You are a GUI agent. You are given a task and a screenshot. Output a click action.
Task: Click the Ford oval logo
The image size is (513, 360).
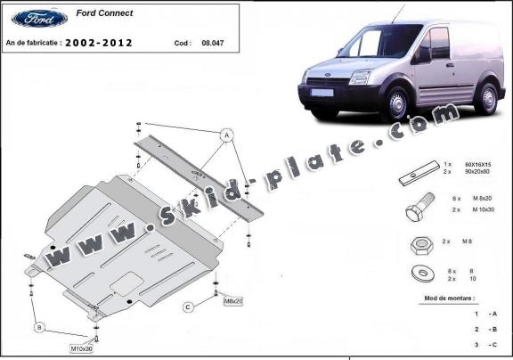point(39,18)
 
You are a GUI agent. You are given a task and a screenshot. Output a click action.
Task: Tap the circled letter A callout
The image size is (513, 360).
point(227,135)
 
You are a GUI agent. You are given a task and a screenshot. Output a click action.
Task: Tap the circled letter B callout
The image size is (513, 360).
point(39,328)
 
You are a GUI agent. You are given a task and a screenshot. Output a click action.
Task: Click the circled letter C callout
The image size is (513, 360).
point(189,307)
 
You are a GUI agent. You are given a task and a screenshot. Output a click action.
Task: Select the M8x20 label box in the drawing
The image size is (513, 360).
point(233,301)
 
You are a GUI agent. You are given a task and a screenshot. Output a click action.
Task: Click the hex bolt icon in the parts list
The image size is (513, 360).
point(419,213)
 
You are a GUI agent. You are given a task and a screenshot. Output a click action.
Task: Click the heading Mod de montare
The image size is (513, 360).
point(450,298)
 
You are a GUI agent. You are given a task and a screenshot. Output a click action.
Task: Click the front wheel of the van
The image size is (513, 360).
point(394,104)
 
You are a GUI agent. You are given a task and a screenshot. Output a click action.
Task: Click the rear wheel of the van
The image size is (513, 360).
point(486,96)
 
